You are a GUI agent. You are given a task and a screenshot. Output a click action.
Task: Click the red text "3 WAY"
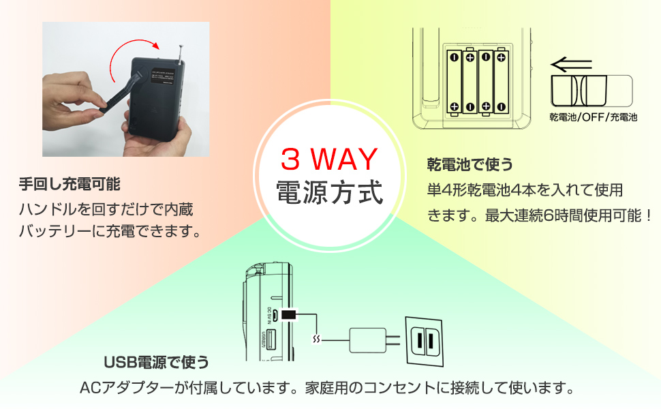tap(329, 160)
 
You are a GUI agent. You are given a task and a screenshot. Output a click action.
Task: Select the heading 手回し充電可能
tap(70, 183)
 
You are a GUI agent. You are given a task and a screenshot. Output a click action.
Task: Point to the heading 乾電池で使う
tap(470, 164)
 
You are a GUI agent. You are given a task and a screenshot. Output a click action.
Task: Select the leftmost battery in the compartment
tap(454, 81)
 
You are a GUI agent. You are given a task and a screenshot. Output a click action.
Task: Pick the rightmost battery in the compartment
tap(501, 81)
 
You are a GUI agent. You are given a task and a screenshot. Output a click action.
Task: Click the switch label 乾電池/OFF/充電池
tap(593, 117)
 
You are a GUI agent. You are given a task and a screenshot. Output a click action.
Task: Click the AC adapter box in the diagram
tap(368, 339)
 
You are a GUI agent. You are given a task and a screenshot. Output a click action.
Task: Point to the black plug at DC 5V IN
tap(289, 314)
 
